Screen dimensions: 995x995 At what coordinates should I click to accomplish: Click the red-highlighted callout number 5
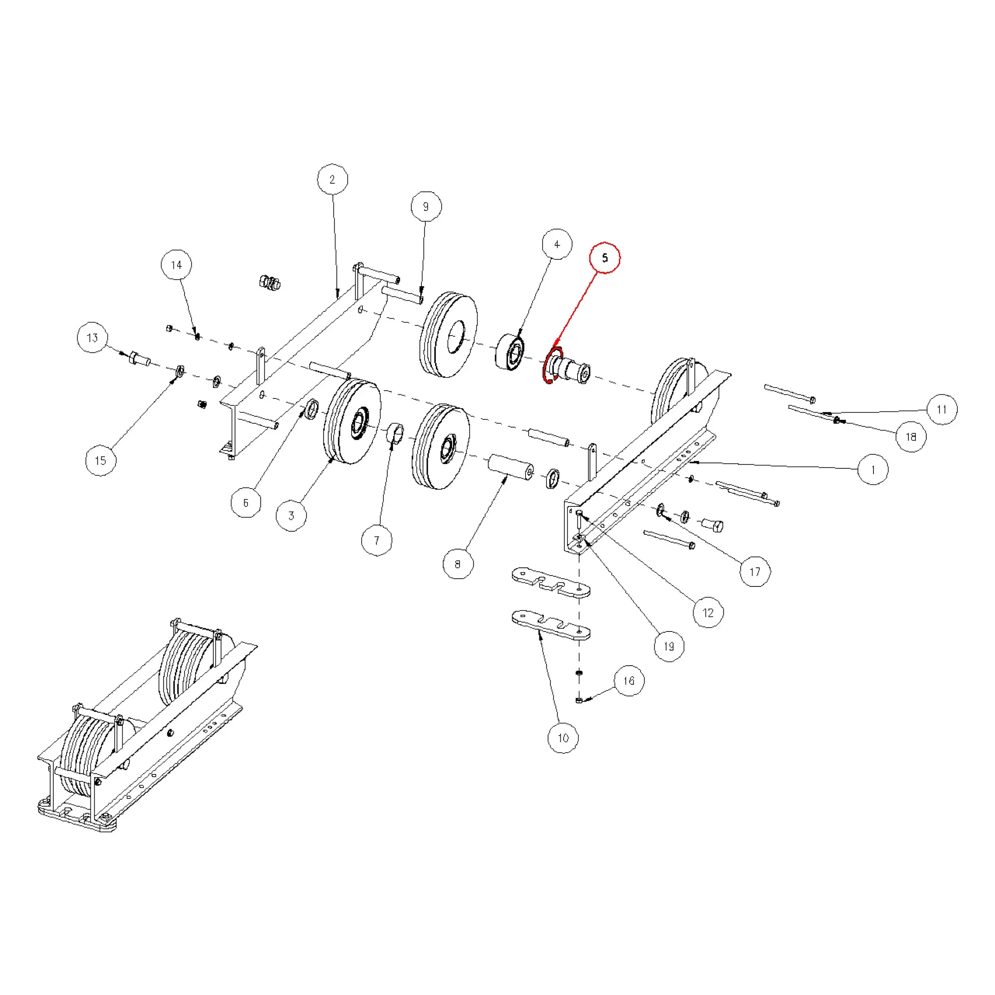[x=605, y=257]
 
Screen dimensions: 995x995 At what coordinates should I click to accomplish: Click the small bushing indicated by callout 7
[x=395, y=432]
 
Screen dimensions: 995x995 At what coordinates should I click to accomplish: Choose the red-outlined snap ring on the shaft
[x=552, y=366]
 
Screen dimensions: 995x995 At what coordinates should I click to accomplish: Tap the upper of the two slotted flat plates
[x=551, y=582]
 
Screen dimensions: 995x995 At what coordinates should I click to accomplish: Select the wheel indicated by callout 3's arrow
[x=353, y=421]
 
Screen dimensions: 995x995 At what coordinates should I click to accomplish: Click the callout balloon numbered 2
[x=332, y=179]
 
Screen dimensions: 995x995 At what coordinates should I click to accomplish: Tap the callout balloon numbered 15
[x=100, y=461]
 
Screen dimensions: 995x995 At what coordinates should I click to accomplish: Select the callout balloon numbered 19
[x=669, y=646]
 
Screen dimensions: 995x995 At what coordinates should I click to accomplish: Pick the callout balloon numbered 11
[x=942, y=409]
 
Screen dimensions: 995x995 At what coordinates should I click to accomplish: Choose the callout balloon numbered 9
[x=426, y=207]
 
